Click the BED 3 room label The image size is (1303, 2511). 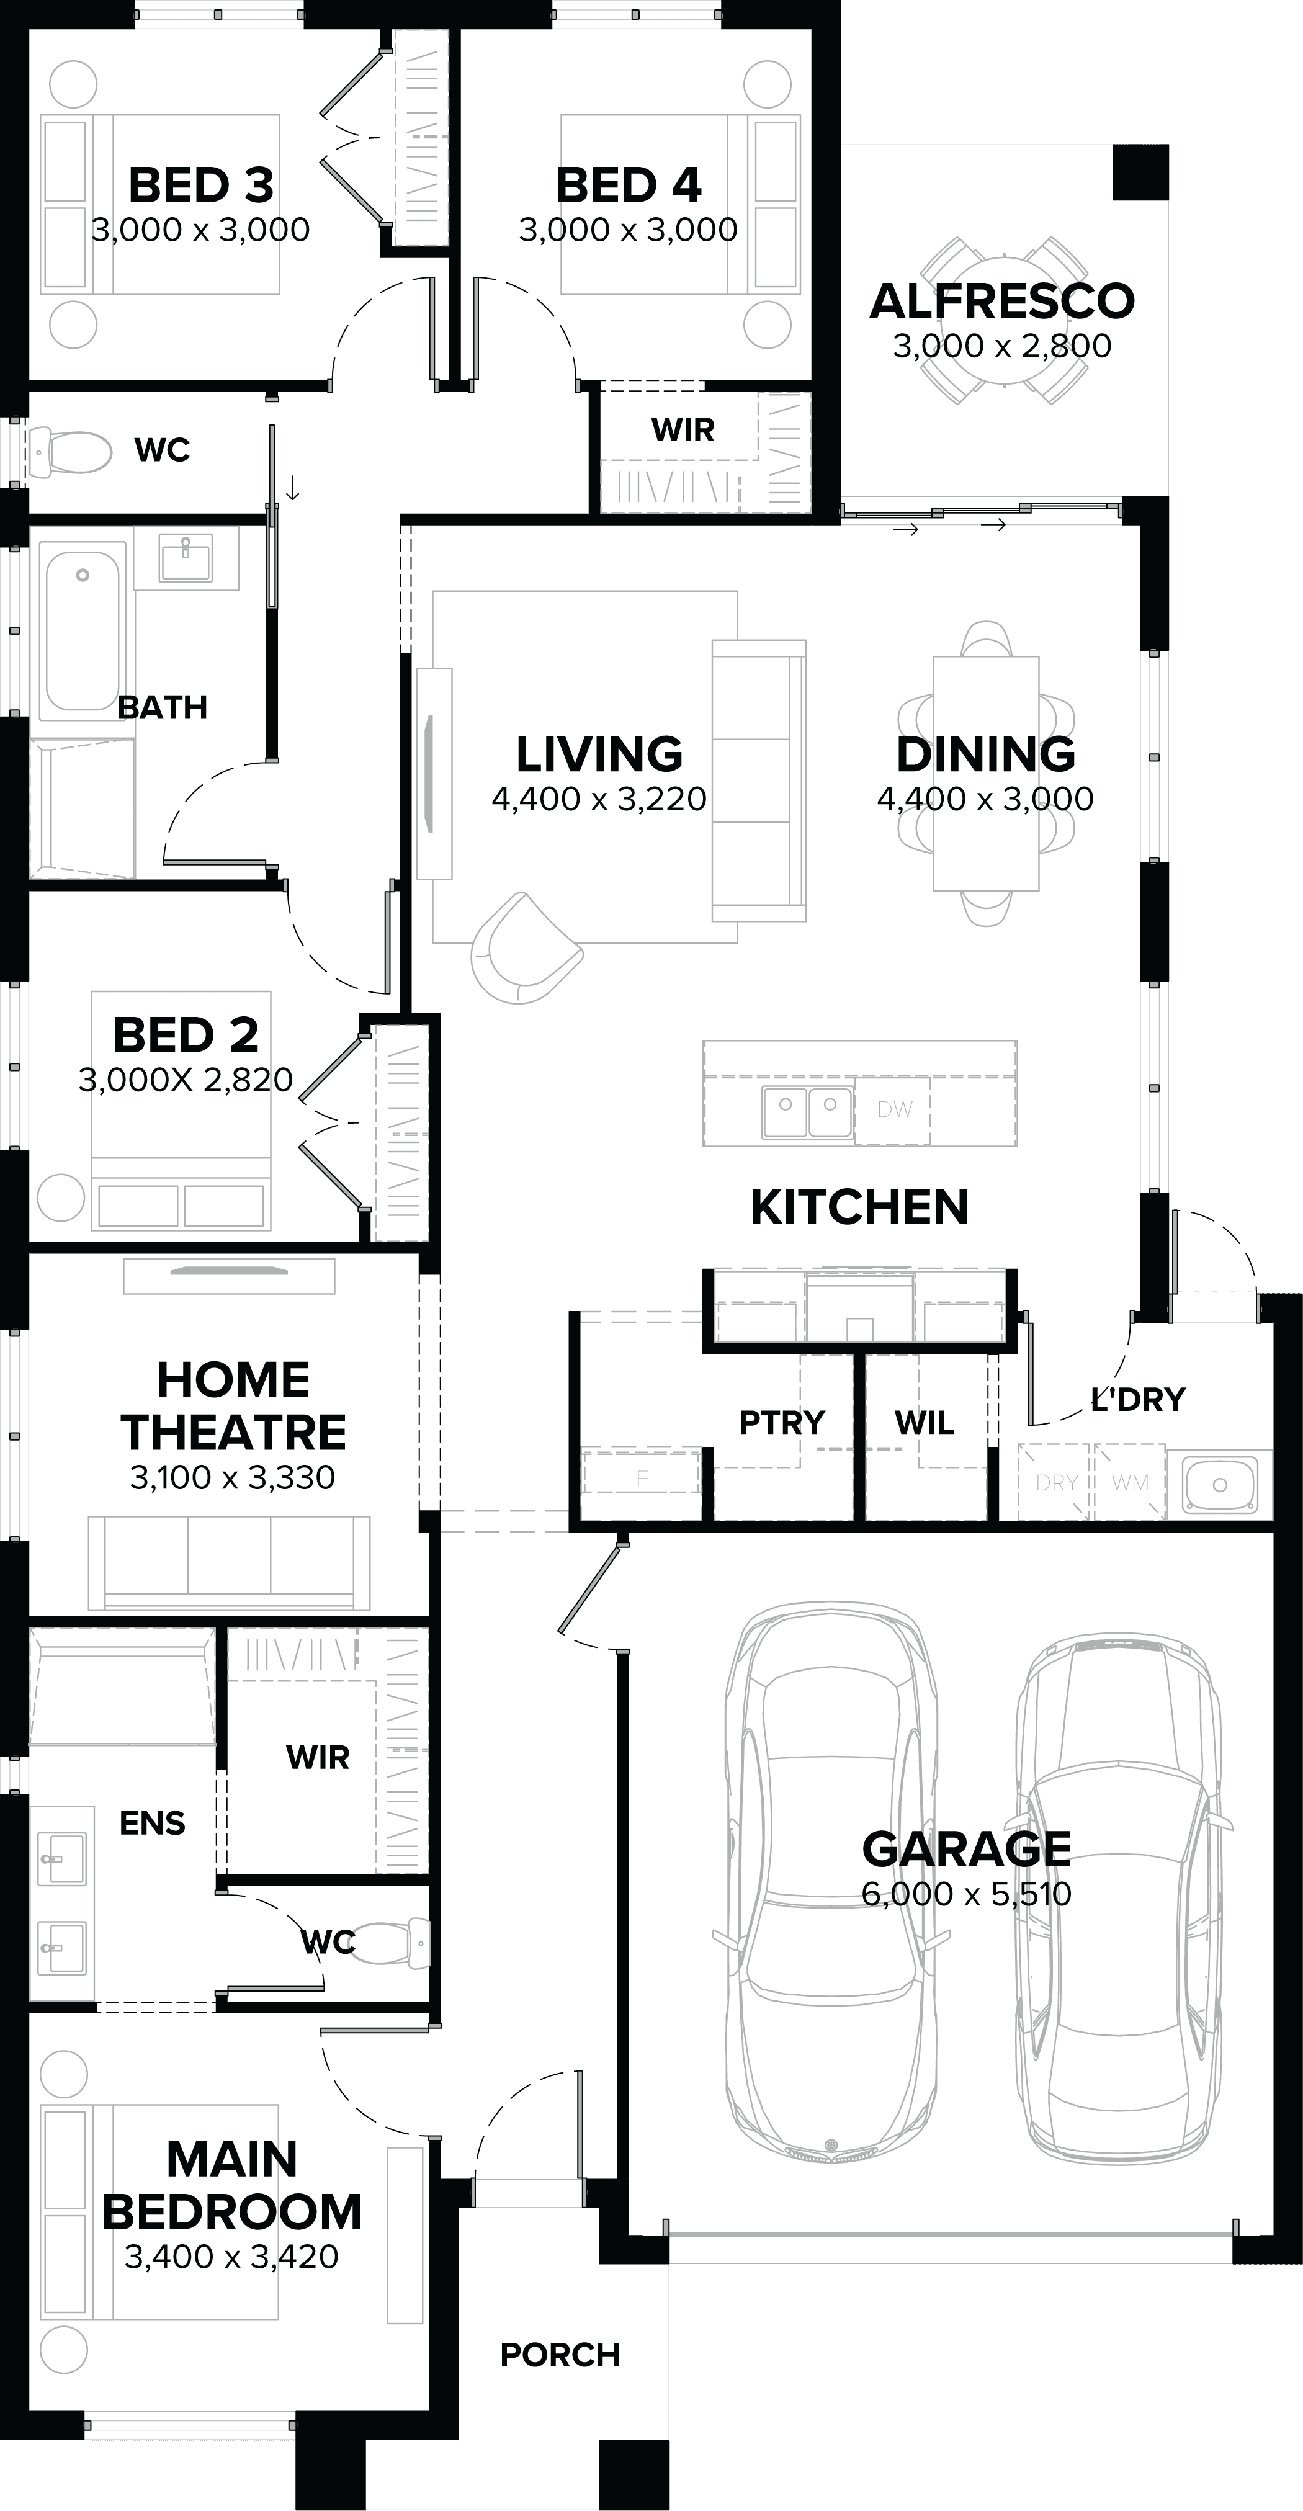201,185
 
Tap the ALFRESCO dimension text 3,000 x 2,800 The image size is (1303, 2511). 1002,346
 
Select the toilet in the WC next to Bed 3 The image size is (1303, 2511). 70,451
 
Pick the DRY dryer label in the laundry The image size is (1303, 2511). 1055,1483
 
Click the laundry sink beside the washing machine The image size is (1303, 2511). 1219,1484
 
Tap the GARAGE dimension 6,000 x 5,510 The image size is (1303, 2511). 966,1894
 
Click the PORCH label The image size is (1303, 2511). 560,2355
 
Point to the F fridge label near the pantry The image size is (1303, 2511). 642,1479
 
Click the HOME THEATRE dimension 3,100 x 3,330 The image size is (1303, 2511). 232,1478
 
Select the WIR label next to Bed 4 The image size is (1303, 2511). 682,429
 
